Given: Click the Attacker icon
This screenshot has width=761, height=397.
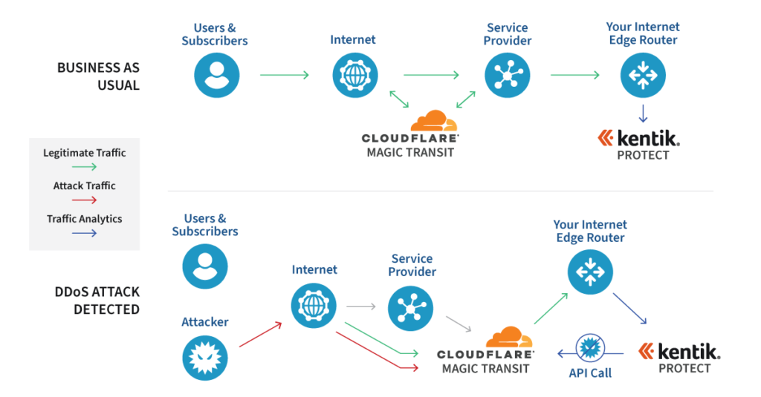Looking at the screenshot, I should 205,358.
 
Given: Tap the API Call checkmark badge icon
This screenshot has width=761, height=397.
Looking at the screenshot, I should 590,347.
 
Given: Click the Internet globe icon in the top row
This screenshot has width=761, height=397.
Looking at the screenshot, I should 355,76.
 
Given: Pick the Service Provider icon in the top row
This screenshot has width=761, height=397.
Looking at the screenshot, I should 507,76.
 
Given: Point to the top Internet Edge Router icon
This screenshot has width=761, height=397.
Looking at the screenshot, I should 643,76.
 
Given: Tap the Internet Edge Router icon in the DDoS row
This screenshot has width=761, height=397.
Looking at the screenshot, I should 590,272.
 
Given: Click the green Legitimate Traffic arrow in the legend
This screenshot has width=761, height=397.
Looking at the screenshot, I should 84,168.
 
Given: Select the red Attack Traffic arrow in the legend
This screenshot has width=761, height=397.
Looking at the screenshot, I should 84,200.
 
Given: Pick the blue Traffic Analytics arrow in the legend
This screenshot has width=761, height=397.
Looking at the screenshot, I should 84,233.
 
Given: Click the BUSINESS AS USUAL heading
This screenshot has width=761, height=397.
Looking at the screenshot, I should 98,76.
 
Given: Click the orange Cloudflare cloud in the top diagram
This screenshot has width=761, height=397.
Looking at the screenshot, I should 434,121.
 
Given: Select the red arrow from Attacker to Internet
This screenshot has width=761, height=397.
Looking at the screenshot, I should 260,335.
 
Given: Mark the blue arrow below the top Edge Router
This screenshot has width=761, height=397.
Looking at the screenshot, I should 643,113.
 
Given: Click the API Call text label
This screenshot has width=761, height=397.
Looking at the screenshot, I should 590,373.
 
